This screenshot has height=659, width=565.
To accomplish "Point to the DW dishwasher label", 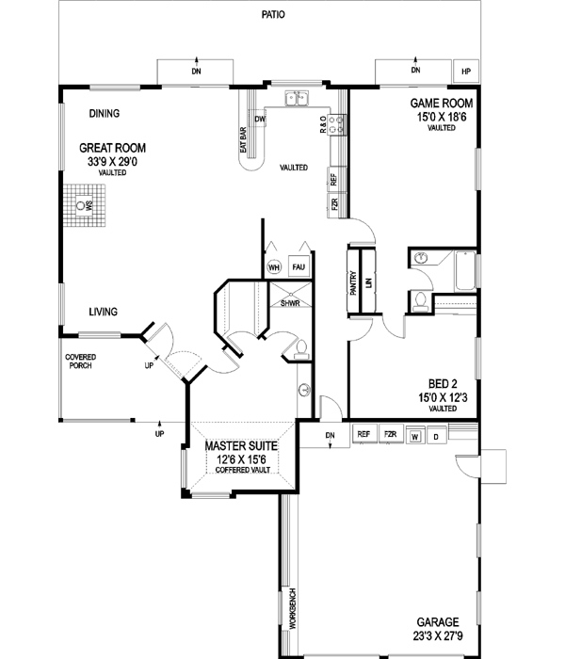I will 259,120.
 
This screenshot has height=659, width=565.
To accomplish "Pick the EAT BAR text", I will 243,137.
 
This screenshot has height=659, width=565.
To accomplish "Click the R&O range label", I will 323,123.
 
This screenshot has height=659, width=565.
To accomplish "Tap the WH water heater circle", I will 275,267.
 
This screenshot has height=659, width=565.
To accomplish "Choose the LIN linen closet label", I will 369,282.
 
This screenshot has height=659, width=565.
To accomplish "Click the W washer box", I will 415,436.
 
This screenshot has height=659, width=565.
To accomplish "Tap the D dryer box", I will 435,436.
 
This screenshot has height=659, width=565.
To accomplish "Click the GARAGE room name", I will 439,623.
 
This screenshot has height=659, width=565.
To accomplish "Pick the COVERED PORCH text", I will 80,362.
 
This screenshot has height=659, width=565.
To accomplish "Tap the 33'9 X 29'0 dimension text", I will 110,161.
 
